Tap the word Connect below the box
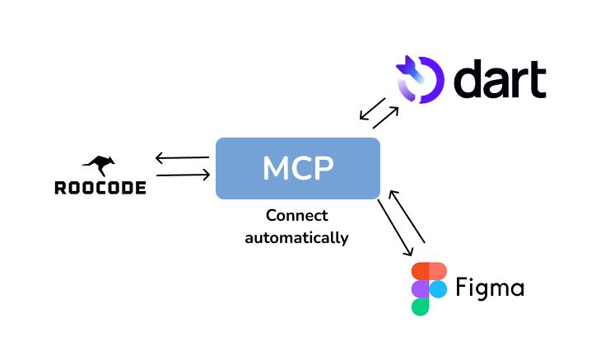tap(296, 216)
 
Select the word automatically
tap(296, 238)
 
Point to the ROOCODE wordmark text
tap(100, 188)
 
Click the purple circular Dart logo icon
tap(420, 78)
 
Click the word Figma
tap(491, 289)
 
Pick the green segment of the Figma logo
tap(421, 306)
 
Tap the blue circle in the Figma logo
tap(438, 289)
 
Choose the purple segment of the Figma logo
tap(421, 289)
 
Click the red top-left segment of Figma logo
tap(421, 272)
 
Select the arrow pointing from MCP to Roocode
tap(181, 157)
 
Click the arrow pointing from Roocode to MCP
tap(181, 175)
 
